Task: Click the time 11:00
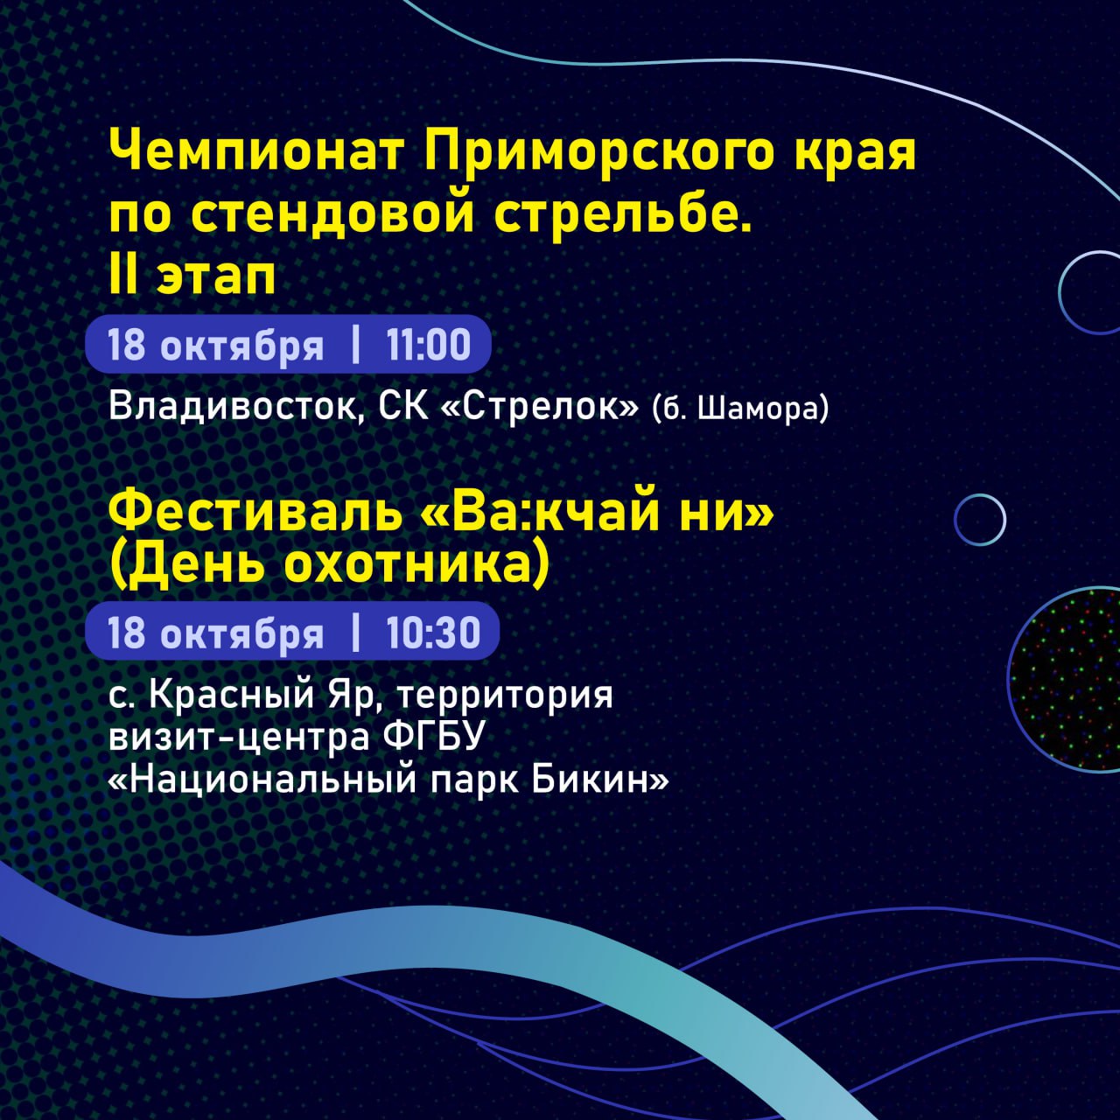428,345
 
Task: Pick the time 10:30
433,633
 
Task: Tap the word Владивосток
237,407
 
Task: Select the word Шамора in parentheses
757,410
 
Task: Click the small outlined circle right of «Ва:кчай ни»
981,520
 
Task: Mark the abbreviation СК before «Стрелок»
402,406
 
